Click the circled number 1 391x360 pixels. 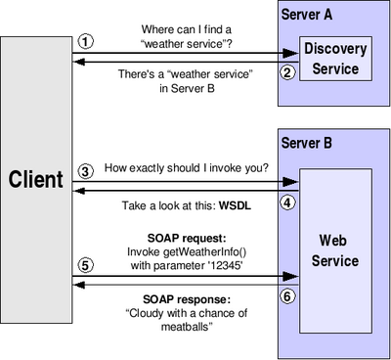[x=86, y=42]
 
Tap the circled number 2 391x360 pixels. [x=287, y=72]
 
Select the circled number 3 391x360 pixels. [x=86, y=171]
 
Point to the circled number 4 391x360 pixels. [x=287, y=202]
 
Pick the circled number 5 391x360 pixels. [x=86, y=265]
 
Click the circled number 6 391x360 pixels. [x=287, y=296]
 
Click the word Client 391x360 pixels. [x=36, y=179]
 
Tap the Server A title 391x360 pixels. [x=307, y=15]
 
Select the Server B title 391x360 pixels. [x=307, y=143]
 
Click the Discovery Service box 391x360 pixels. [x=335, y=59]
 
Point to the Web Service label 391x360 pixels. [x=335, y=250]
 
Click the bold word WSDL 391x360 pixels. [x=235, y=205]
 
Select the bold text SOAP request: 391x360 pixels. [x=187, y=239]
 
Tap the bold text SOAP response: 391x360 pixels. [x=187, y=299]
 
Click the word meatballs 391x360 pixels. [x=185, y=327]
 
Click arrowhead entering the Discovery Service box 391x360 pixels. [x=290, y=53]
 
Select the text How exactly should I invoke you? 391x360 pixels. [x=187, y=168]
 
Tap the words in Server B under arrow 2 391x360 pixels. [x=187, y=88]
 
